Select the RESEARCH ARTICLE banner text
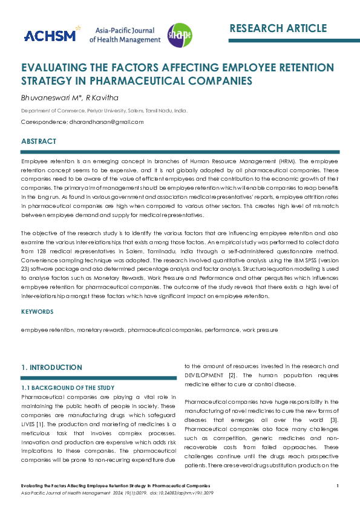(278, 28)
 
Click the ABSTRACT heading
(39, 141)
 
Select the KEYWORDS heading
(38, 312)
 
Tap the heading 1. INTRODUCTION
(51, 368)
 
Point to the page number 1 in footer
(338, 486)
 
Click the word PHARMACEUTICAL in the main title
(168, 80)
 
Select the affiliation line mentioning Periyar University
(104, 111)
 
